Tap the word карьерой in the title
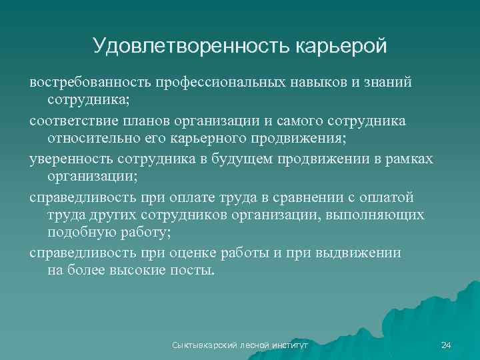pyautogui.click(x=338, y=46)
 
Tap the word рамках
pyautogui.click(x=407, y=159)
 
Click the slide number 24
pyautogui.click(x=446, y=345)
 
